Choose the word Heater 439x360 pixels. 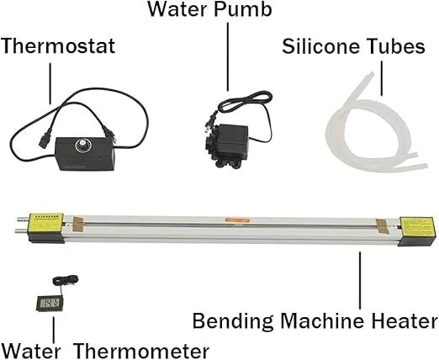point(401,320)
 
